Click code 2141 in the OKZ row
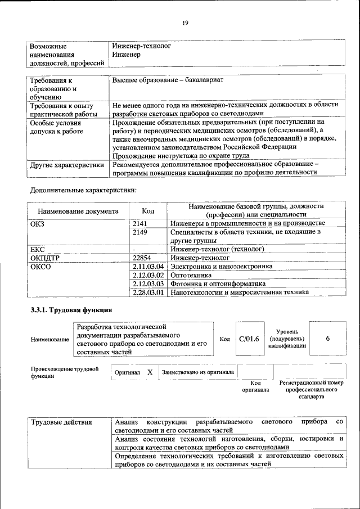pos(140,223)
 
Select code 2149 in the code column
pos(140,232)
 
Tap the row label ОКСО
pos(40,266)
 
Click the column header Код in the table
pos(148,211)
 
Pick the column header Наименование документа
pos(78,211)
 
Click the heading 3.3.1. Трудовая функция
pos(71,310)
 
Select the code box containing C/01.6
pos(248,339)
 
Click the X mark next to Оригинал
pos(150,372)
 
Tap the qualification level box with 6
pos(327,339)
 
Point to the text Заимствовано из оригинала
pos(197,372)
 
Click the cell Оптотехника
pos(191,275)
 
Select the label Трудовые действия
pos(58,422)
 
